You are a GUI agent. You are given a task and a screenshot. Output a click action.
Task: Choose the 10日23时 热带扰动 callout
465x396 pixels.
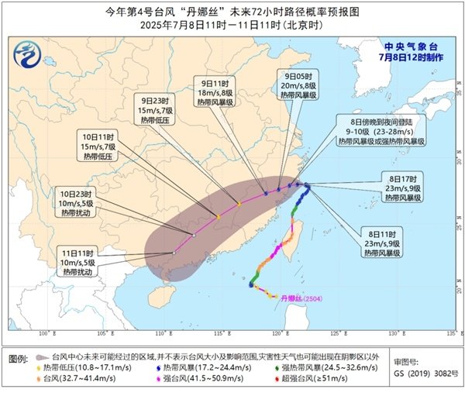(77, 200)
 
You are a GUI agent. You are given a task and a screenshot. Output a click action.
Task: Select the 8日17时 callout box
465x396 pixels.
(402, 187)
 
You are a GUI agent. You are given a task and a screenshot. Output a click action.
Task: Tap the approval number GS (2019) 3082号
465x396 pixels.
(418, 374)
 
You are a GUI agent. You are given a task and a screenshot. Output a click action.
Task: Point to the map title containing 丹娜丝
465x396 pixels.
(232, 12)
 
